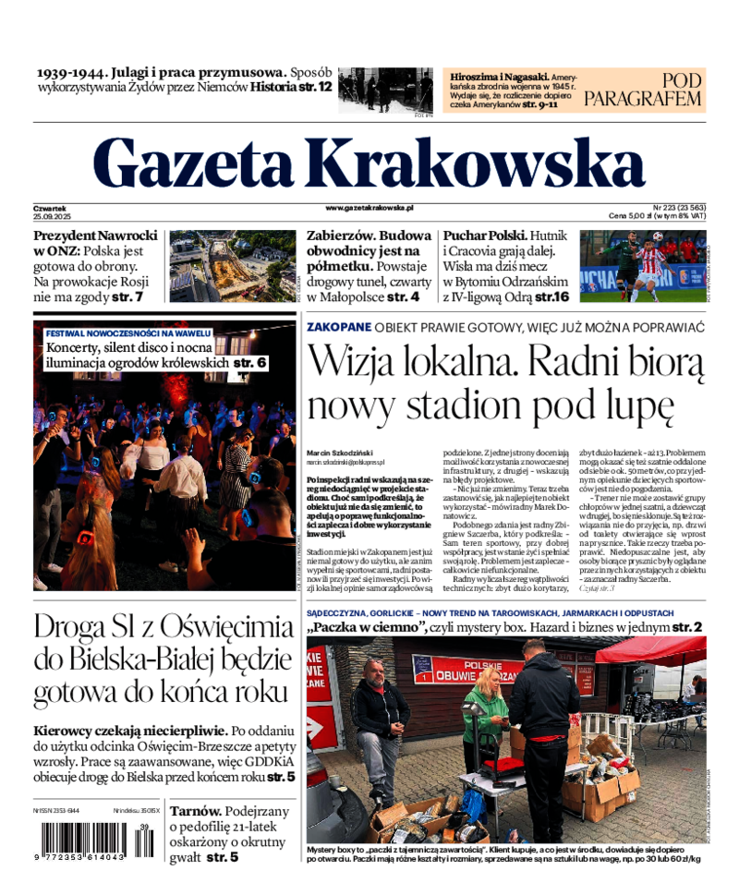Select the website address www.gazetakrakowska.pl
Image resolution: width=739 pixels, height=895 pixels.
click(x=369, y=210)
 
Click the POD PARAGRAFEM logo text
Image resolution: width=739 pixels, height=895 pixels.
click(x=656, y=90)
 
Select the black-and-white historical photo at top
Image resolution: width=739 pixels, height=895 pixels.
click(x=385, y=91)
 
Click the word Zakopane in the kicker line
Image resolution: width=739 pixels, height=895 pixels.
click(x=338, y=327)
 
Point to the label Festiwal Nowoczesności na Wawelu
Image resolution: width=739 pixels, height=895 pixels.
click(x=128, y=333)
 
